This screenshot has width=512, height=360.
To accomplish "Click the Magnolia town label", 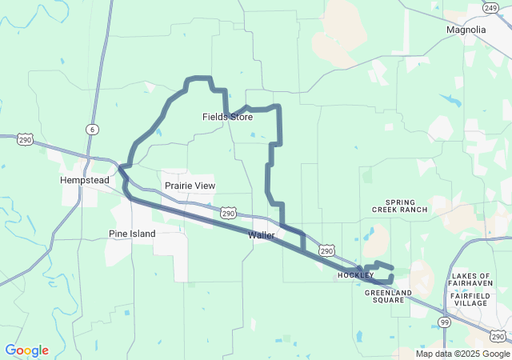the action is click(466, 30).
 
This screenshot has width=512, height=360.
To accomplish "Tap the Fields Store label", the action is click(227, 117).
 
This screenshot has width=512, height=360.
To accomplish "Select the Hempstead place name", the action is click(84, 180).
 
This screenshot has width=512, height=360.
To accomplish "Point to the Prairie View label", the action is click(190, 186).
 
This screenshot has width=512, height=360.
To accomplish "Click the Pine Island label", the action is click(132, 234).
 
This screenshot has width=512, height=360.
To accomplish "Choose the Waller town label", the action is click(262, 235).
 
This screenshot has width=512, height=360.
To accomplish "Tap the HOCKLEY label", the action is click(355, 275).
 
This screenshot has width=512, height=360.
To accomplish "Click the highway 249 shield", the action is click(491, 7).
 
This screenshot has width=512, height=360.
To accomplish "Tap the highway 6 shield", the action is click(93, 130).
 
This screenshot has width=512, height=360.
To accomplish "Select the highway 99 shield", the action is click(444, 321).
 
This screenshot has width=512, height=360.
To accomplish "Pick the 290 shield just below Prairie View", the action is click(229, 214).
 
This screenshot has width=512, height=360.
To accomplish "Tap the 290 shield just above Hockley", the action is click(326, 250).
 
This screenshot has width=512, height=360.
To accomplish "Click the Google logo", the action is click(27, 350).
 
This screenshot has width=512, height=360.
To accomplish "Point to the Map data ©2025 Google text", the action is click(462, 354).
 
